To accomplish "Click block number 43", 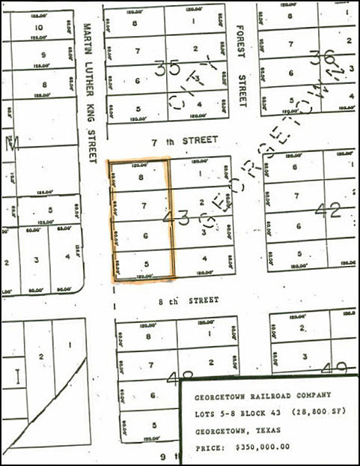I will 179,217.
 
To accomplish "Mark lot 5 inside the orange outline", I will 146,263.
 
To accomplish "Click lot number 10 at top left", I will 39,29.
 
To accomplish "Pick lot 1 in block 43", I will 203,174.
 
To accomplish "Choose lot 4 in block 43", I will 204,260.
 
